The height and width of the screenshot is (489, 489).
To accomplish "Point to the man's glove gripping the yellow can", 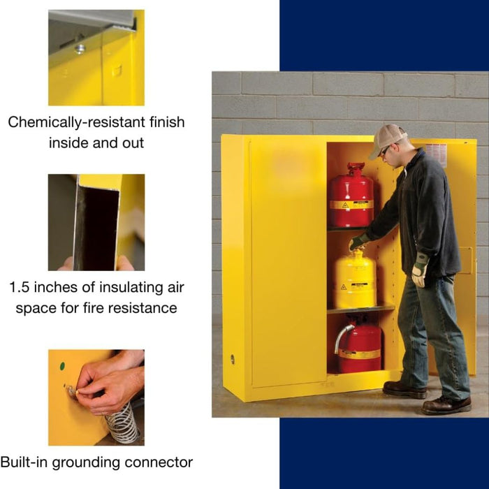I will point(358,241).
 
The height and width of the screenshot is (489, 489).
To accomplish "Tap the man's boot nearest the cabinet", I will point(404,389).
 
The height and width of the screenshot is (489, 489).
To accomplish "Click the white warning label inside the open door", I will point(435,154).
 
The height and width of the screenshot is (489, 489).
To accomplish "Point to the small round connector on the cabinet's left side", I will point(233,359).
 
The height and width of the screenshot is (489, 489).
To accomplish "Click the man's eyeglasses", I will point(384,150).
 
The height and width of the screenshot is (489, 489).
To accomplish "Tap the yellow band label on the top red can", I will point(351,205).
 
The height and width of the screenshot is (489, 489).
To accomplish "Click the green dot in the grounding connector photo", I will point(61,365).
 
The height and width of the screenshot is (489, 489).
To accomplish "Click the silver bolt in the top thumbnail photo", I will point(80,48).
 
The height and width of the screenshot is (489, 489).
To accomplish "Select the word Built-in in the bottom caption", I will point(25,462).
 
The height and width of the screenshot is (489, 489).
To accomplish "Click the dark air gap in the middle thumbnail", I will point(96,228).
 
